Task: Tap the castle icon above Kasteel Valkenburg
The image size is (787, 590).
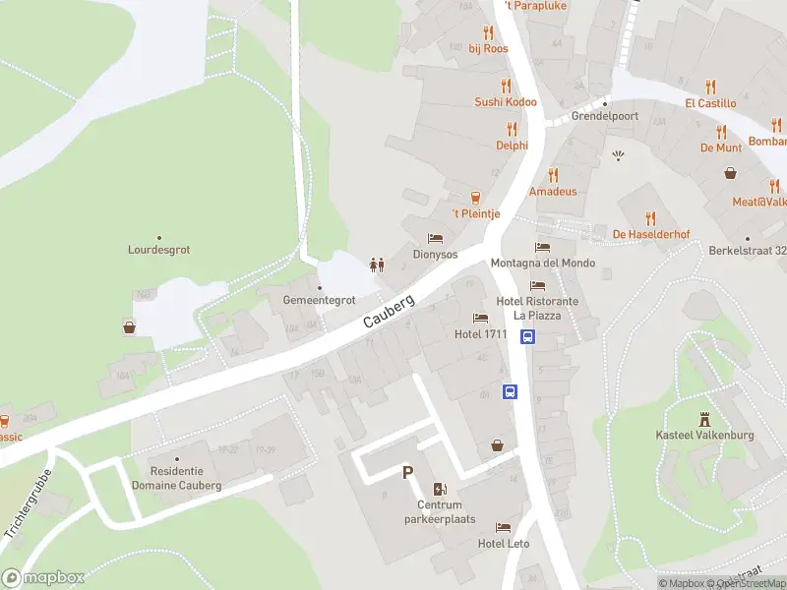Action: click(704, 420)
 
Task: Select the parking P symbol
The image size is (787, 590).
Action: click(407, 473)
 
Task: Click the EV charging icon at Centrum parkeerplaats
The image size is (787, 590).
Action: click(439, 489)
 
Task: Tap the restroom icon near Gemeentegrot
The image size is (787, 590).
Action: click(375, 264)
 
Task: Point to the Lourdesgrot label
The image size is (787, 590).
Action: click(158, 250)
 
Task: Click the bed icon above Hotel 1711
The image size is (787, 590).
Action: click(480, 318)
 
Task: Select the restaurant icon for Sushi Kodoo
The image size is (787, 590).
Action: click(507, 86)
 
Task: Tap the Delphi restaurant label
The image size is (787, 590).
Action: click(512, 146)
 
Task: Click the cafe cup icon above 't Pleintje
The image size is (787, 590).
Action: click(475, 197)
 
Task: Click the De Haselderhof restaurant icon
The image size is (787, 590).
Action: click(649, 217)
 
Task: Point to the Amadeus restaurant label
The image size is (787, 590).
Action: click(553, 191)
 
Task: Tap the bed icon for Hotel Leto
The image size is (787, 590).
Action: click(504, 528)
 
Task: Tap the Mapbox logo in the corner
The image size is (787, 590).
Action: click(43, 578)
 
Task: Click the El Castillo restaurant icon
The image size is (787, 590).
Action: click(711, 86)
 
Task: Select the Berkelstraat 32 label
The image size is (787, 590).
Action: click(748, 251)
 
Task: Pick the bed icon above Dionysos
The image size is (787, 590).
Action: click(435, 238)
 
